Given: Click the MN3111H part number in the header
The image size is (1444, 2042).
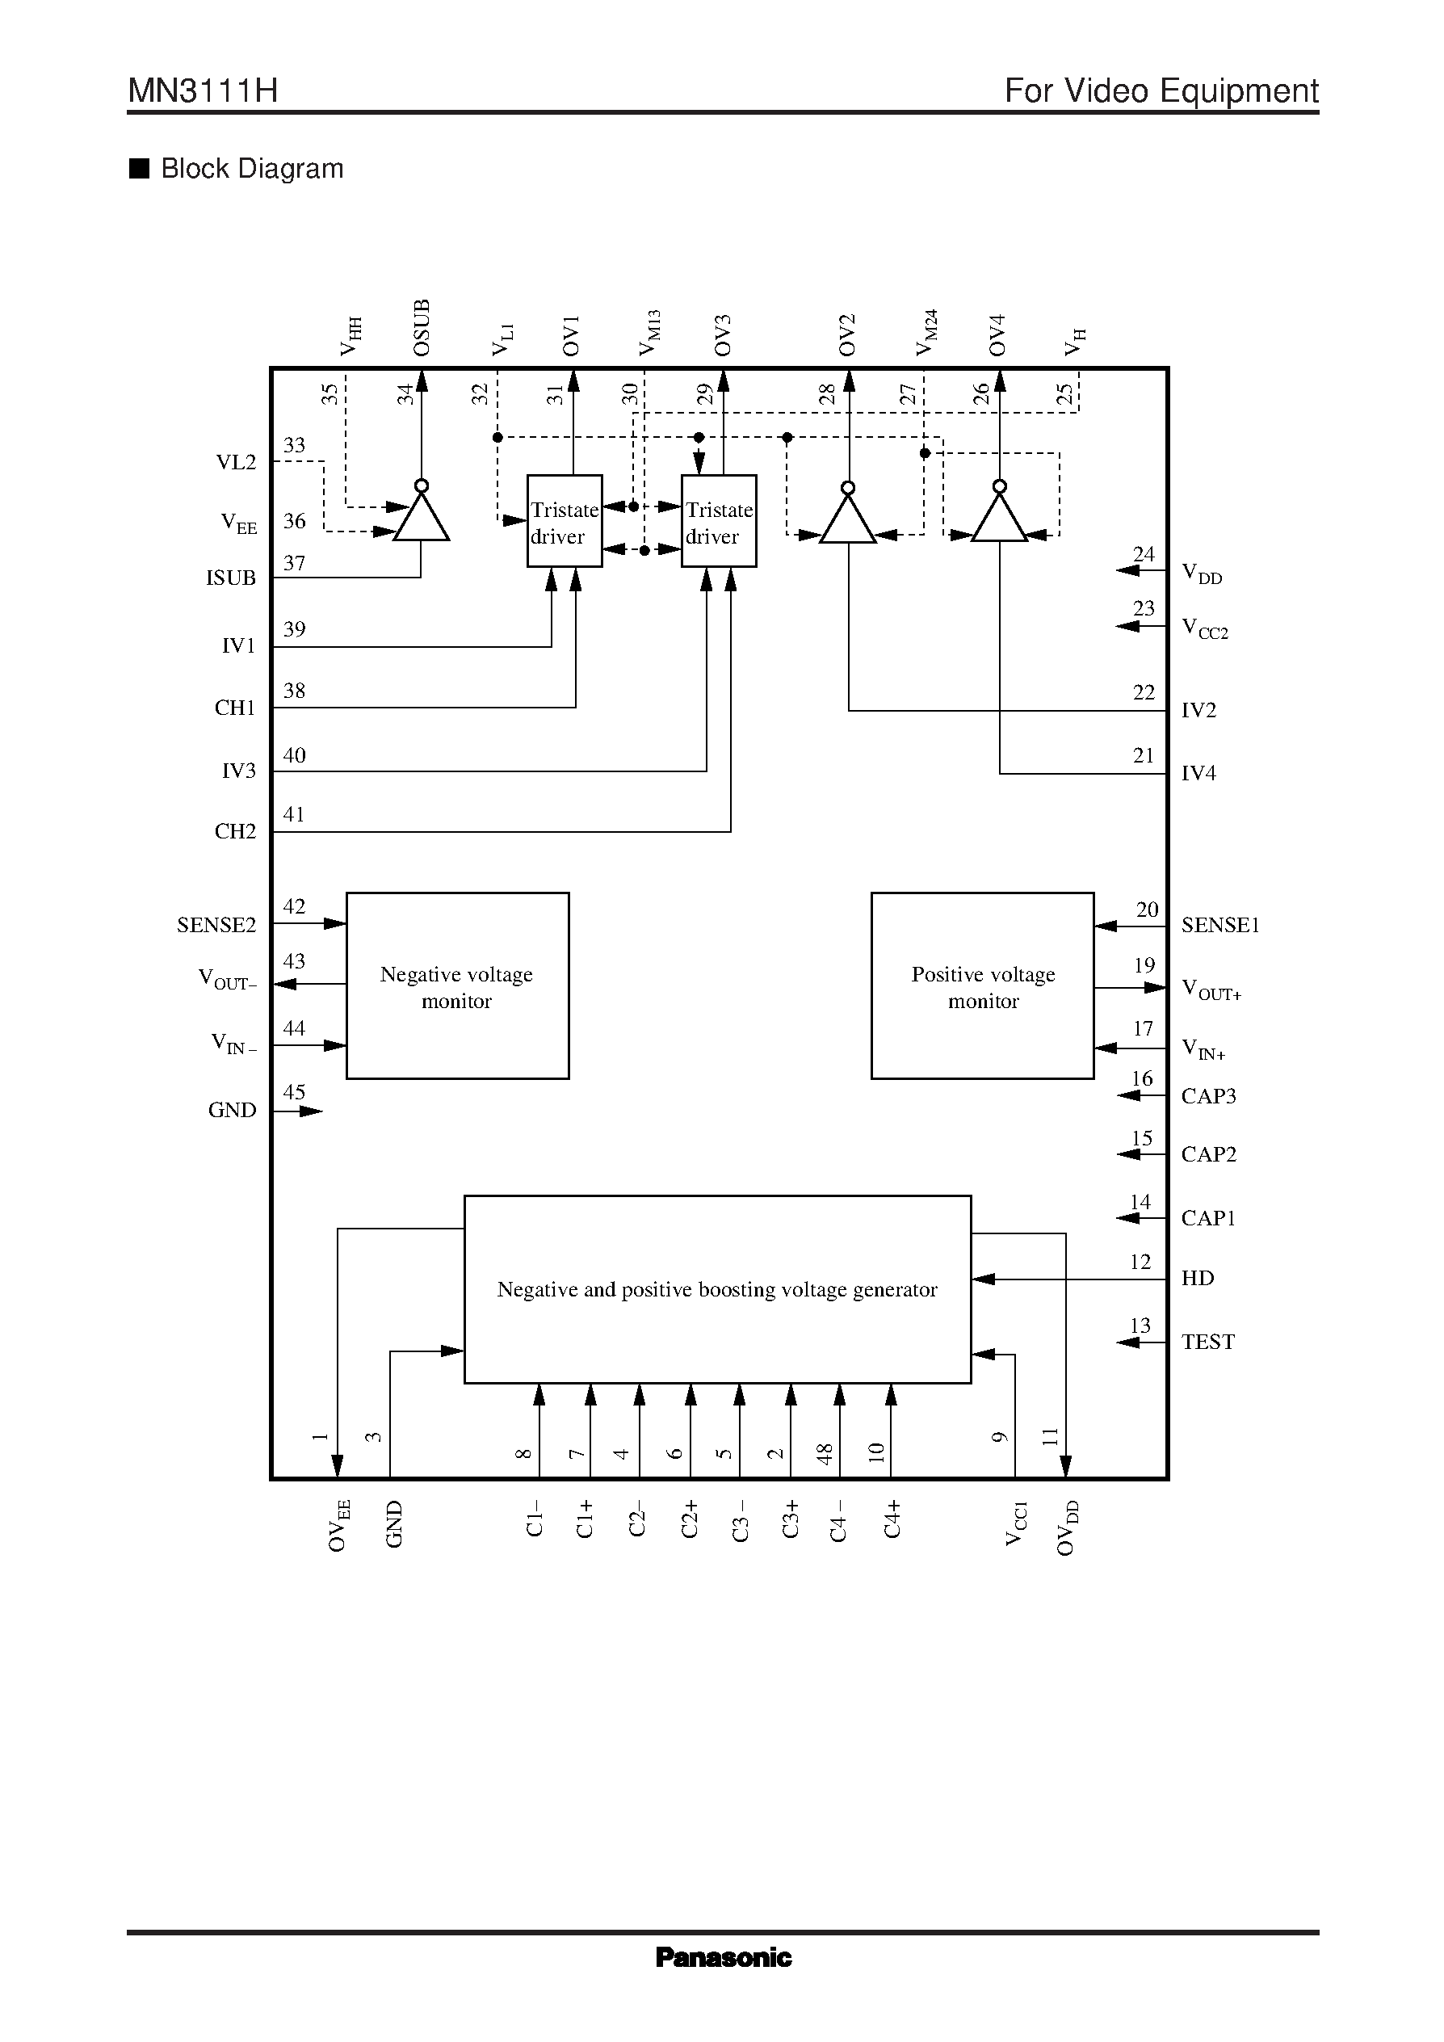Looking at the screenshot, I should [203, 90].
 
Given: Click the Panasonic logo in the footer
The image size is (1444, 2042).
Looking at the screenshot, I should [723, 1956].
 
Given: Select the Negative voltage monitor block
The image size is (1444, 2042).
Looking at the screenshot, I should [457, 985].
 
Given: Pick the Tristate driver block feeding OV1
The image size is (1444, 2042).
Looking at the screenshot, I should [564, 521].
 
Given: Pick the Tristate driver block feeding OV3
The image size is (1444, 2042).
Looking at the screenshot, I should [719, 521].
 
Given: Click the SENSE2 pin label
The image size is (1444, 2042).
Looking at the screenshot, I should [216, 925].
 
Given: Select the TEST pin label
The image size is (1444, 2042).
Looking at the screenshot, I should [1207, 1341].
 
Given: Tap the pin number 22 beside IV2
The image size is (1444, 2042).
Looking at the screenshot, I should [1144, 692].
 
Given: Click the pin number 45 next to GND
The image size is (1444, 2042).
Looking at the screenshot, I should [293, 1092].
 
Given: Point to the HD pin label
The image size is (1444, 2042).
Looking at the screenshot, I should [1197, 1278].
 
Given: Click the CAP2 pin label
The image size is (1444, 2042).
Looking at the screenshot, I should [1208, 1154].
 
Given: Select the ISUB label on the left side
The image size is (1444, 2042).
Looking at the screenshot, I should [230, 578].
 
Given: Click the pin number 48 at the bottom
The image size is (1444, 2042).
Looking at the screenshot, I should [825, 1454].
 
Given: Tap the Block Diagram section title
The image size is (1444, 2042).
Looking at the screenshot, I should [252, 169].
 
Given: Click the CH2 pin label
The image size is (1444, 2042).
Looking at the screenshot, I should [235, 831].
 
